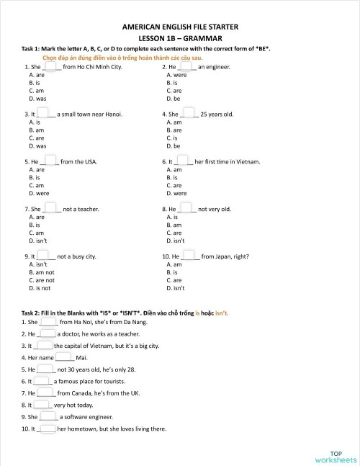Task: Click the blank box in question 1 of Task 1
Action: [x=52, y=66]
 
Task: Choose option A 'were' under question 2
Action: [x=176, y=74]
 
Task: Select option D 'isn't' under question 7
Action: [x=36, y=241]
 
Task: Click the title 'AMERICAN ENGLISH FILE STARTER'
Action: [x=179, y=26]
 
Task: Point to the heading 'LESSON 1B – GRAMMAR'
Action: [x=179, y=37]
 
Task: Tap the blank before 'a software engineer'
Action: [x=49, y=416]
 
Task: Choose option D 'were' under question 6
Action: [x=176, y=193]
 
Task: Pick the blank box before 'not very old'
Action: [x=186, y=209]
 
